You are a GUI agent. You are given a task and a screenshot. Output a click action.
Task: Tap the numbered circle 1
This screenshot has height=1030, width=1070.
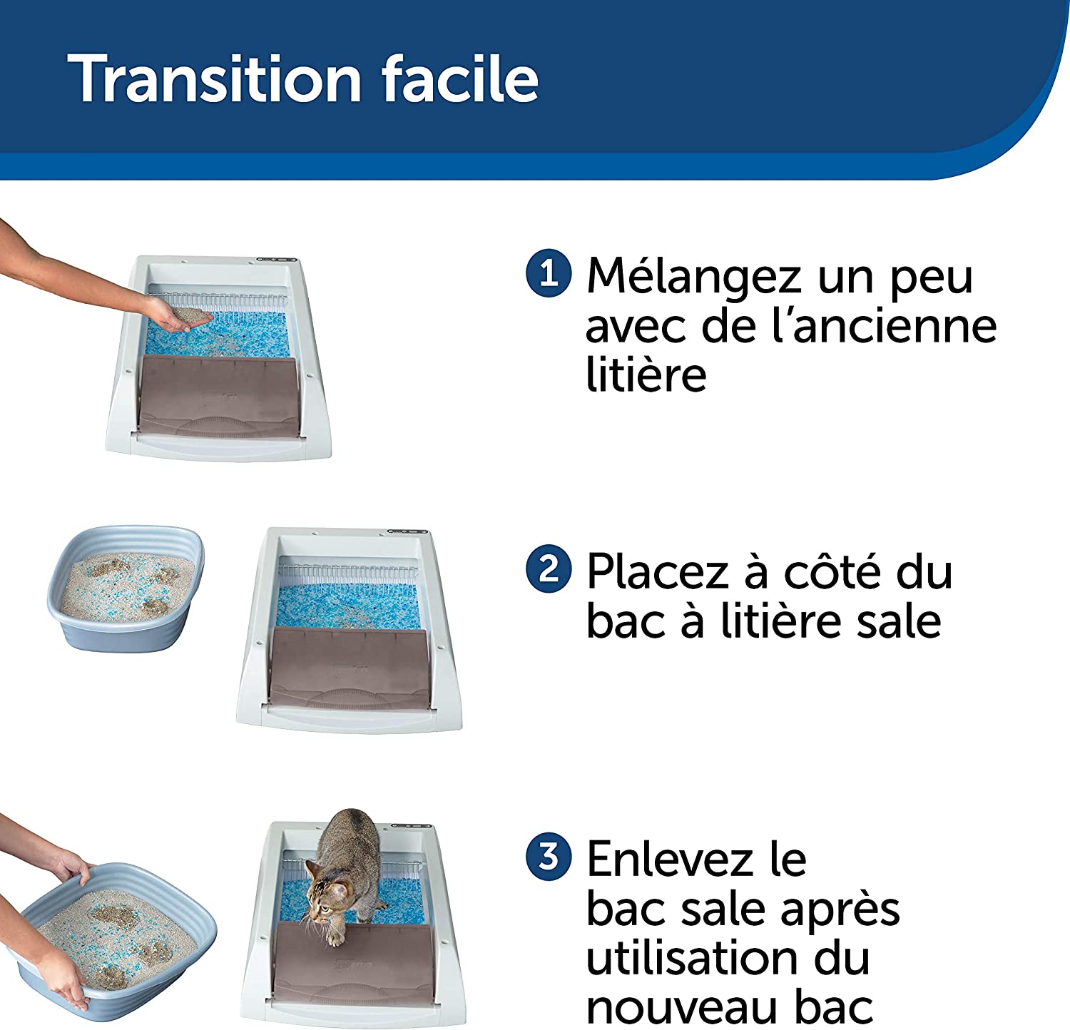tap(549, 272)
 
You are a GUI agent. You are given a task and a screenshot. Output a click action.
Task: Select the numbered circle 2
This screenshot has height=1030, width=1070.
tap(549, 568)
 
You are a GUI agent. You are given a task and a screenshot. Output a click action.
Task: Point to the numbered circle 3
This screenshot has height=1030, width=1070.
tap(549, 856)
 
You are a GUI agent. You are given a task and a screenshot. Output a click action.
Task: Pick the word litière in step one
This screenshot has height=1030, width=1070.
tap(646, 374)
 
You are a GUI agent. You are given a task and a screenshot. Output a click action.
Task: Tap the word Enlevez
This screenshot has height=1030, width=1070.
tap(671, 859)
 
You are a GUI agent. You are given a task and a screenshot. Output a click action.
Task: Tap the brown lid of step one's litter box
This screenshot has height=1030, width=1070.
tap(218, 396)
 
